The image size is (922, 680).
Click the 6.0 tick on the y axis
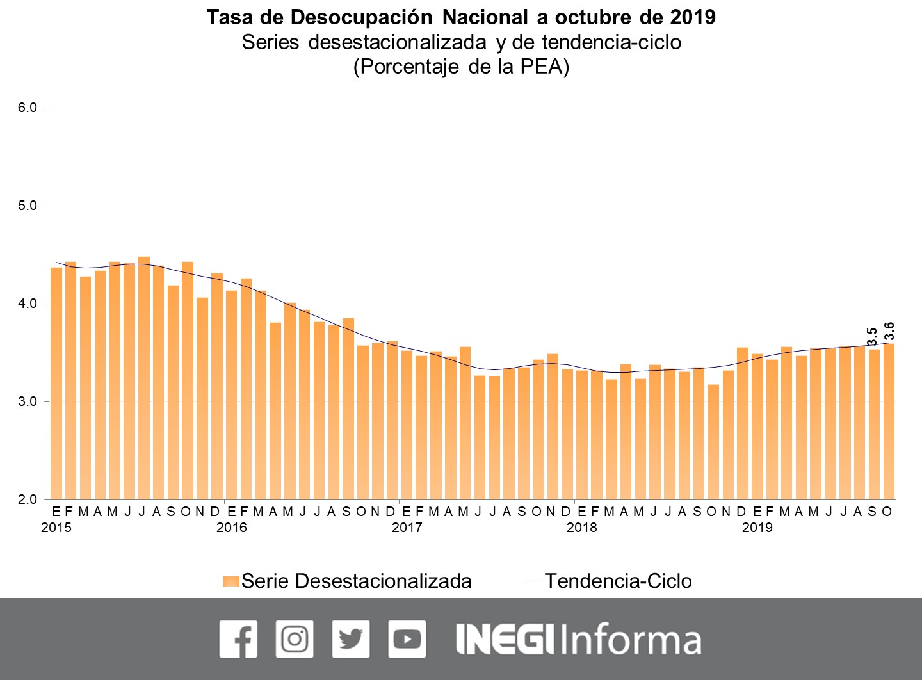tap(28, 108)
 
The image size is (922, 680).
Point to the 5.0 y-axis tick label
tap(28, 206)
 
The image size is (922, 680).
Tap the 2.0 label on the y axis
tap(28, 499)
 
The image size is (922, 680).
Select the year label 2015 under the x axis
tap(56, 528)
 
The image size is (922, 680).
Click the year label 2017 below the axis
tap(407, 528)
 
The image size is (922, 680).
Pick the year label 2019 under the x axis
tap(757, 528)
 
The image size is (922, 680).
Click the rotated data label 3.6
tap(889, 331)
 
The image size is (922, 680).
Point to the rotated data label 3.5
tap(872, 337)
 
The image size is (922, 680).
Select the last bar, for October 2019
tap(889, 423)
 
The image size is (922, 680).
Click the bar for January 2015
tap(56, 384)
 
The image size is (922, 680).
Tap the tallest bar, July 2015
tap(144, 378)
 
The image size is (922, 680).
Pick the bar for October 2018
tap(713, 442)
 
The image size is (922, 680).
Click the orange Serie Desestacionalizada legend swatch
tap(231, 581)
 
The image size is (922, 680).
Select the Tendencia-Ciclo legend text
tap(618, 581)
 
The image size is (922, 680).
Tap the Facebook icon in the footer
tap(238, 639)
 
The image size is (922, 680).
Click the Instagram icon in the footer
tap(295, 639)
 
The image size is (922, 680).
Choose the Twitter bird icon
tap(351, 639)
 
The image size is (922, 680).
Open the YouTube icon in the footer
tap(407, 639)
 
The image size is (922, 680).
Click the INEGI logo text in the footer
tap(505, 639)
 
